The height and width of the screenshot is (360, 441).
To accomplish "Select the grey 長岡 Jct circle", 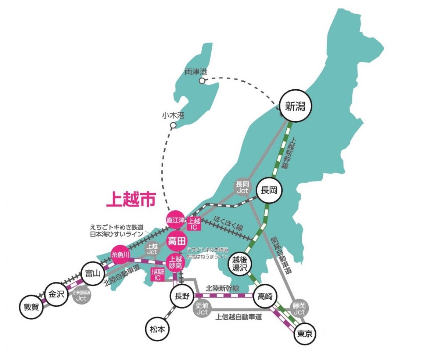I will (243, 187).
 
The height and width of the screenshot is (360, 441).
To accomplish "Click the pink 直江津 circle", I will (175, 220).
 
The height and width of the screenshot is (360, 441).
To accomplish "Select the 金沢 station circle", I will (56, 294).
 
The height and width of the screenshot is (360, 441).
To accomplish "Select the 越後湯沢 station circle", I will (240, 264).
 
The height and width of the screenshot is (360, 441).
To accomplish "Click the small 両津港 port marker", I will (202, 81).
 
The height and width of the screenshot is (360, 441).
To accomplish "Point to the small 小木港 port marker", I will (173, 126).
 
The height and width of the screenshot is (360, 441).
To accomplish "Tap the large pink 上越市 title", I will (131, 199).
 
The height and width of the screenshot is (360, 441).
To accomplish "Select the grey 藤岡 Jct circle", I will (300, 309).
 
